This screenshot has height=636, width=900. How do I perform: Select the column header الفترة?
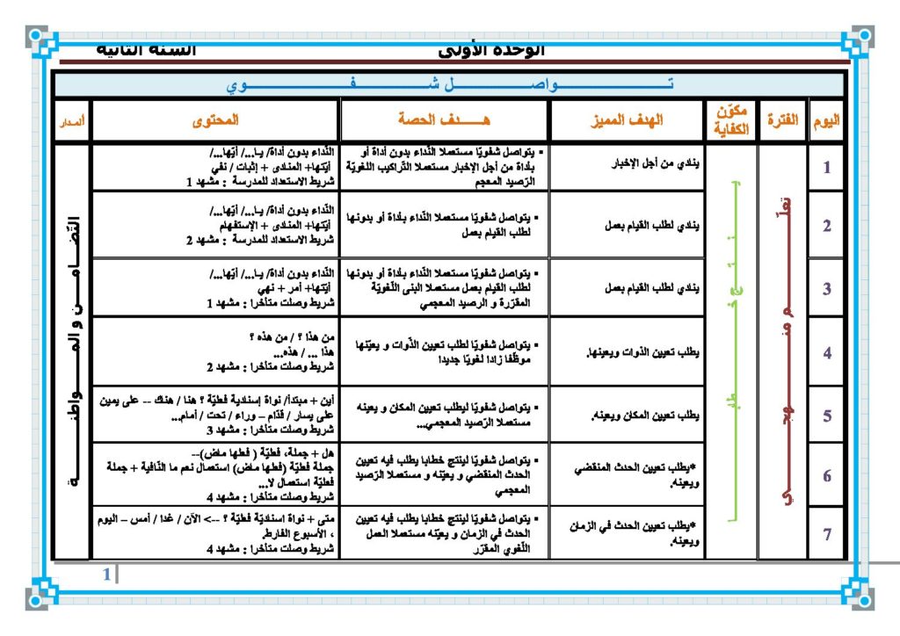click(x=782, y=120)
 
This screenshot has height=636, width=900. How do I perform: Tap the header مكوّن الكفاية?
click(x=730, y=120)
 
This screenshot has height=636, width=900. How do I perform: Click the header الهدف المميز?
click(x=627, y=120)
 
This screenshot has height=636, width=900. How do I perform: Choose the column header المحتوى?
click(x=215, y=120)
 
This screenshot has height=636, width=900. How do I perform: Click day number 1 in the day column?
click(x=827, y=168)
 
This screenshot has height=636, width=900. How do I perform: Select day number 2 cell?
click(x=827, y=226)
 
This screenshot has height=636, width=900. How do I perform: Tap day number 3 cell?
click(x=827, y=287)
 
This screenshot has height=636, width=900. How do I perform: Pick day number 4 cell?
click(x=827, y=353)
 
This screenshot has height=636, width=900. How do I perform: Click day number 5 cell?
click(x=827, y=416)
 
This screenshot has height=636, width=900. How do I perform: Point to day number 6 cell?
click(x=827, y=475)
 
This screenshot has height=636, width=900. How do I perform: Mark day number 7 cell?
click(x=827, y=533)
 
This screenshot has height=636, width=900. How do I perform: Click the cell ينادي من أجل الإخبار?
click(x=656, y=164)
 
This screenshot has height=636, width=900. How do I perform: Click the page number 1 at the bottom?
click(x=107, y=575)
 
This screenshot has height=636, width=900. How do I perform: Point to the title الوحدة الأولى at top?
click(x=491, y=50)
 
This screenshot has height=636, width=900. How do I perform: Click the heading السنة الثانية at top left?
click(x=146, y=49)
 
